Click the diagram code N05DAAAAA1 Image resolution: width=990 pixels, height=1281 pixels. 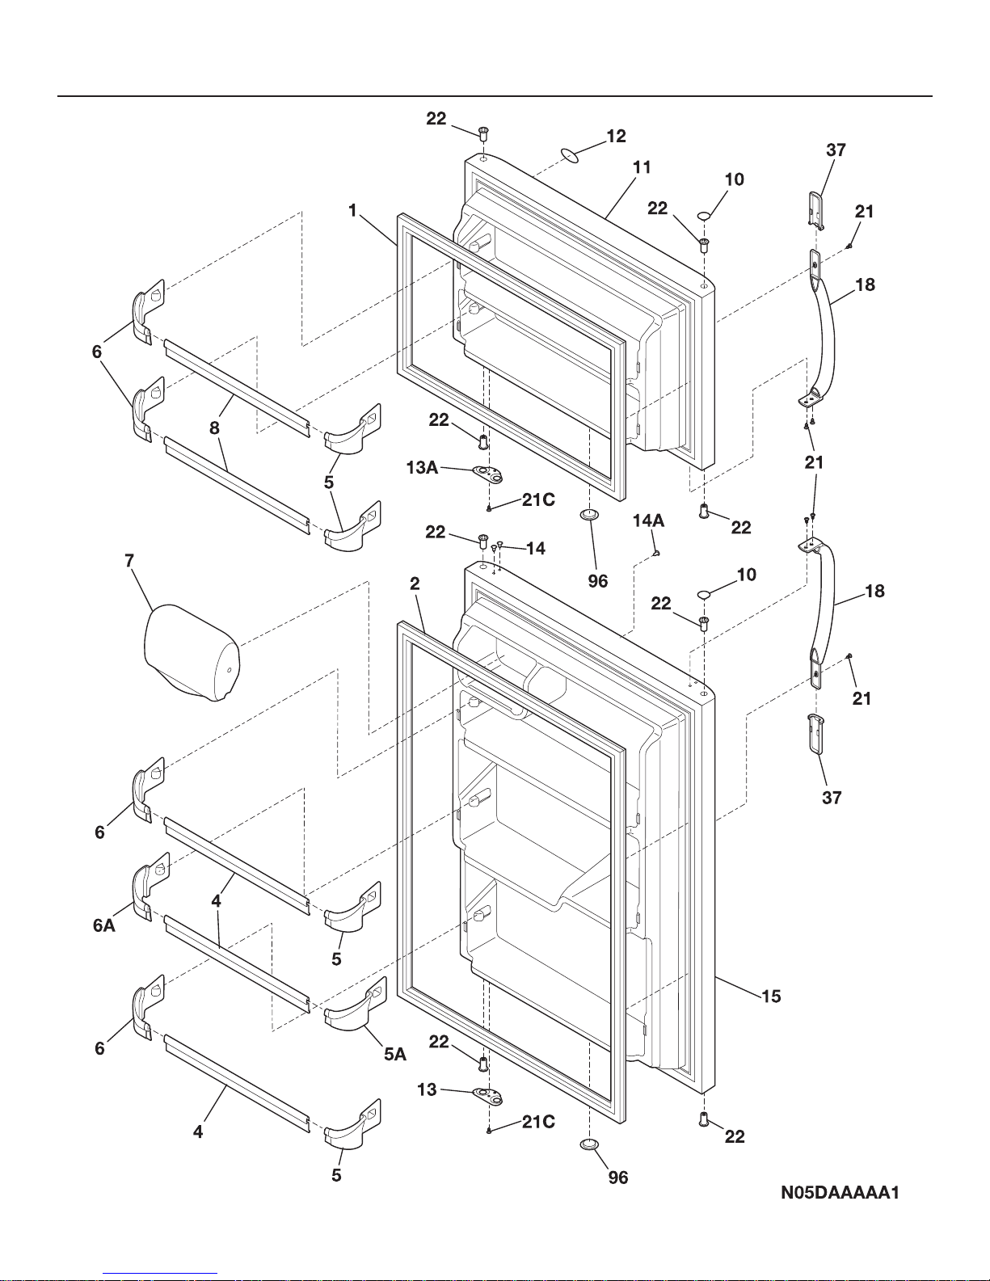click(x=840, y=1193)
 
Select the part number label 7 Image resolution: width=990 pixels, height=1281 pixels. click(x=129, y=561)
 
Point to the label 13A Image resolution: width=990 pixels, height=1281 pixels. click(x=423, y=467)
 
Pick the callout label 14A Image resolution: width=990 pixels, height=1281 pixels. click(x=648, y=521)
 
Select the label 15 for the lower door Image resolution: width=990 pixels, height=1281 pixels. click(x=771, y=996)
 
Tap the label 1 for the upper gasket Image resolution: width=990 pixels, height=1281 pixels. click(x=352, y=210)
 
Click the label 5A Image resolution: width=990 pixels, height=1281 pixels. click(x=395, y=1054)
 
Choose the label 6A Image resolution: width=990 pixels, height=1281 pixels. click(x=104, y=926)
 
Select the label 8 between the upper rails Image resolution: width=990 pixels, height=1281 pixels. click(x=214, y=428)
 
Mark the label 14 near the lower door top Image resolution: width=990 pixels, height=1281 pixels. click(x=536, y=549)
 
